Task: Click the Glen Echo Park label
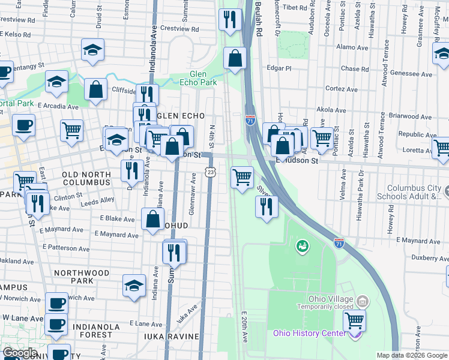point(198,78)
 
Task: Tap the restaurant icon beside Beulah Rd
point(229,20)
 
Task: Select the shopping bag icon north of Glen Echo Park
point(235,59)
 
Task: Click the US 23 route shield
point(209,172)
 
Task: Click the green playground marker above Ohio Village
point(302,245)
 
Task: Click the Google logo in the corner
point(20,353)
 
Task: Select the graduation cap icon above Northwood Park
point(134,286)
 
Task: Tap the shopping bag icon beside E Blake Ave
point(152,219)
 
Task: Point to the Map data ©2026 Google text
point(412,355)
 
